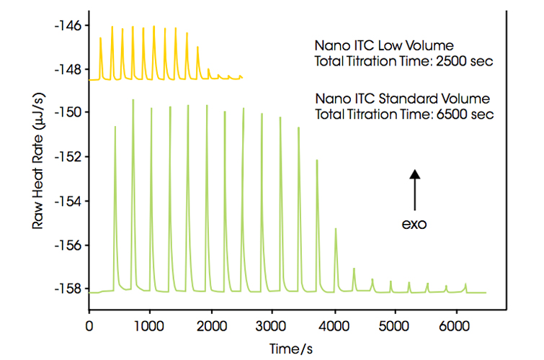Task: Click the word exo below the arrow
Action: [414, 224]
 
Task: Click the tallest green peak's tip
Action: [133, 100]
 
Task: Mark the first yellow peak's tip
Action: [100, 38]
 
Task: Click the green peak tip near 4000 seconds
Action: [336, 229]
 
